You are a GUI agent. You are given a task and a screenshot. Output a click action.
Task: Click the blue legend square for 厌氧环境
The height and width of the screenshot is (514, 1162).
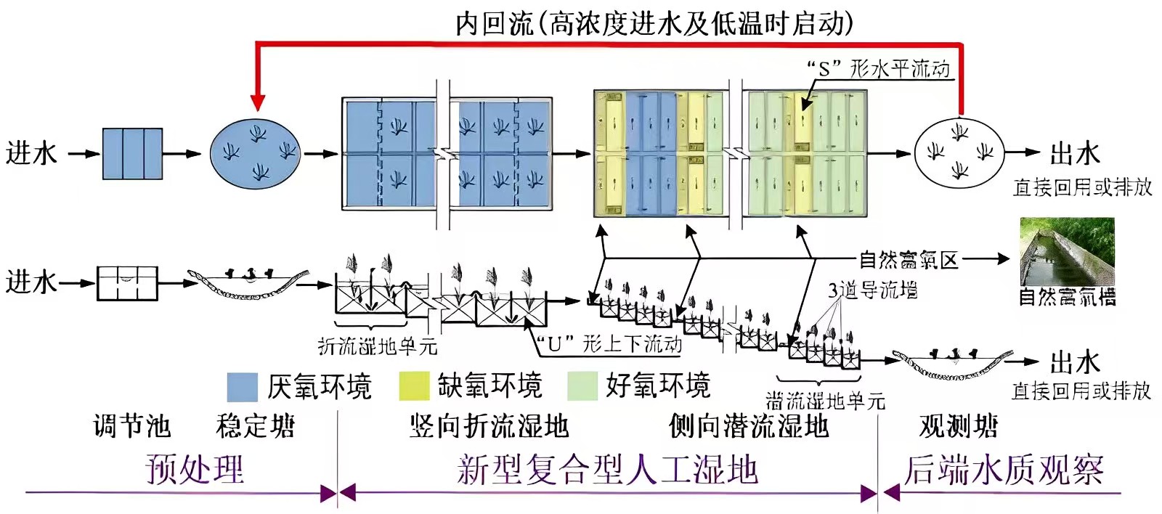pyautogui.click(x=242, y=387)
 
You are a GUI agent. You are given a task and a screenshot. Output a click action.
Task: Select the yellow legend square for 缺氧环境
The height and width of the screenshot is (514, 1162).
pyautogui.click(x=414, y=387)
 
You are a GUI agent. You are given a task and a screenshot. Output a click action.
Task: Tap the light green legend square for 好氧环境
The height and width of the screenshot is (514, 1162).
pyautogui.click(x=583, y=387)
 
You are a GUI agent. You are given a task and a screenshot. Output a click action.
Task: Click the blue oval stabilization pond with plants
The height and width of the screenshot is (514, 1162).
pyautogui.click(x=255, y=153)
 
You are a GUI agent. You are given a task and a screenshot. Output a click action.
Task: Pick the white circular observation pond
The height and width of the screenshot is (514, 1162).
pyautogui.click(x=958, y=152)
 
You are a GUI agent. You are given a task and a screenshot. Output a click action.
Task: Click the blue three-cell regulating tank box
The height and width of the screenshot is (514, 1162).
pyautogui.click(x=132, y=153)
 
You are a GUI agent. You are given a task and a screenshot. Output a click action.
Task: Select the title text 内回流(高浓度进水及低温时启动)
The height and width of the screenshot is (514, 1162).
pyautogui.click(x=654, y=23)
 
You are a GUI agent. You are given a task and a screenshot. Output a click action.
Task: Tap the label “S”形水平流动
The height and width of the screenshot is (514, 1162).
pyautogui.click(x=878, y=69)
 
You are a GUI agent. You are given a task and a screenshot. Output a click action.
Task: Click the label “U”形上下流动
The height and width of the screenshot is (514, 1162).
pyautogui.click(x=609, y=343)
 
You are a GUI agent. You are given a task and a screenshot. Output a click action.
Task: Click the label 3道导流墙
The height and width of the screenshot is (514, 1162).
pyautogui.click(x=872, y=290)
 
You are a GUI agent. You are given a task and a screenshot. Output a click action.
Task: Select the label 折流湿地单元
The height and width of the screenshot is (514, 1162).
pyautogui.click(x=378, y=346)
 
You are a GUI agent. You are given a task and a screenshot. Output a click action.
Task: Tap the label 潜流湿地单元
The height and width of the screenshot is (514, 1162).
pyautogui.click(x=825, y=401)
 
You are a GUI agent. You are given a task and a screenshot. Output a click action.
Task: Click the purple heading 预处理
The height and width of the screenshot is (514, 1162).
pyautogui.click(x=195, y=469)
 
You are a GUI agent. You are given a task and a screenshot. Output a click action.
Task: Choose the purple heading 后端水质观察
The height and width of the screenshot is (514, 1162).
pyautogui.click(x=1003, y=470)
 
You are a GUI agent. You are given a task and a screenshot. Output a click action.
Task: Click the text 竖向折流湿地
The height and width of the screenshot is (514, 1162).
pyautogui.click(x=488, y=426)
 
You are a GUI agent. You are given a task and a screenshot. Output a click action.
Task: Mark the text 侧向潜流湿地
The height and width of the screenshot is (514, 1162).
pyautogui.click(x=748, y=426)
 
